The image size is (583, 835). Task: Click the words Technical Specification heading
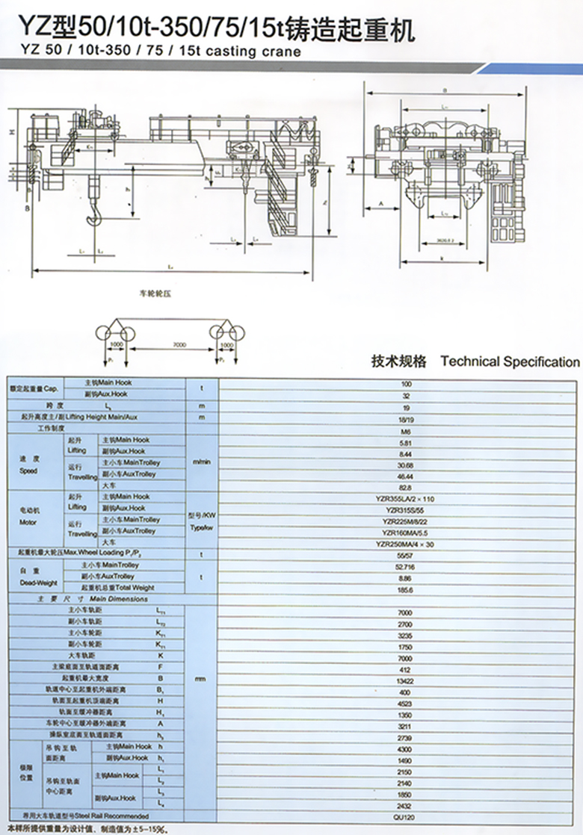pyautogui.click(x=510, y=361)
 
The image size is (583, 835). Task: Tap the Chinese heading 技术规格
pyautogui.click(x=398, y=361)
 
